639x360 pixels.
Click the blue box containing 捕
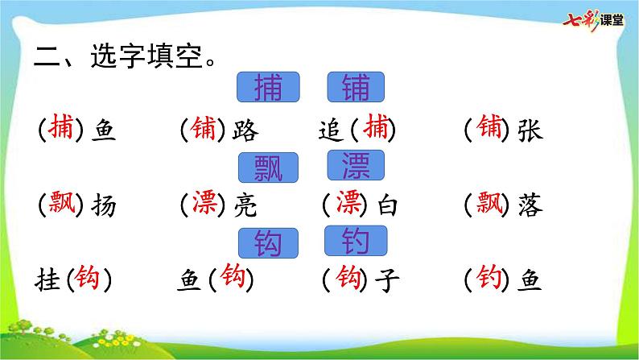[268, 87]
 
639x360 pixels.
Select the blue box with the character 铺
[356, 87]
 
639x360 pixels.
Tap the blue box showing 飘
[268, 168]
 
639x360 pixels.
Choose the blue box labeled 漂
[356, 165]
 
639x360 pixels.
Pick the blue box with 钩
[268, 243]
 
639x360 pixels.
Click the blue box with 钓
[356, 241]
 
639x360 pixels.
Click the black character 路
[245, 130]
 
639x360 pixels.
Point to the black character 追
[331, 130]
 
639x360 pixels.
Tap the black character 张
[530, 130]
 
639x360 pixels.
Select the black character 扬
[104, 205]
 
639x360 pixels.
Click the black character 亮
[245, 205]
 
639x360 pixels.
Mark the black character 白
[387, 205]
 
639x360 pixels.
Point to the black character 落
[530, 205]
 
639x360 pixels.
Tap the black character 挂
[47, 280]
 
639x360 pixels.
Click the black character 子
[387, 280]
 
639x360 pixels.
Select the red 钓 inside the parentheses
[489, 277]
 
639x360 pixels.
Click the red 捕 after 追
[376, 126]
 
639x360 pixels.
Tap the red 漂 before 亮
[204, 202]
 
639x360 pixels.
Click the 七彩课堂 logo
[593, 20]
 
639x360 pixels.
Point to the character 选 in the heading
[104, 56]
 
